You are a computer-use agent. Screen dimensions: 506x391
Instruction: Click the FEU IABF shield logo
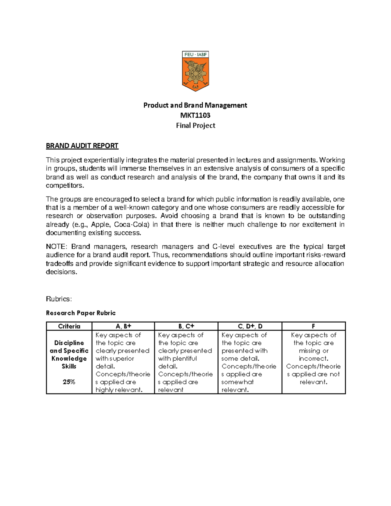(x=195, y=71)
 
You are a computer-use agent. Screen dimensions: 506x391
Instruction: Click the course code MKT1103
(x=195, y=115)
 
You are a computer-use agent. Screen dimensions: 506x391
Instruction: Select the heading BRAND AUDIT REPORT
(x=82, y=146)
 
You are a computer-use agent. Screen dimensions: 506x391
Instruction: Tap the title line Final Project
(x=195, y=125)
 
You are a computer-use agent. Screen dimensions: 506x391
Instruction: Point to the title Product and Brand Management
(x=195, y=105)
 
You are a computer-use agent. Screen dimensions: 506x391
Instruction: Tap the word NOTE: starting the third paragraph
(x=56, y=247)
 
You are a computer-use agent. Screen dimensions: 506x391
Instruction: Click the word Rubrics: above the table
(x=59, y=299)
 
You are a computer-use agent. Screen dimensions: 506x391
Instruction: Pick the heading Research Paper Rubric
(x=81, y=313)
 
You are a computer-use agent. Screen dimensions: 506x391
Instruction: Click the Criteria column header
(x=69, y=326)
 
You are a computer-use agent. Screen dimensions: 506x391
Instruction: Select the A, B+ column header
(x=123, y=326)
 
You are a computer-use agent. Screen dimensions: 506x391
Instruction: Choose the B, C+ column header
(x=186, y=326)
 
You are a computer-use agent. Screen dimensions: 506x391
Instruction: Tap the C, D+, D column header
(x=250, y=326)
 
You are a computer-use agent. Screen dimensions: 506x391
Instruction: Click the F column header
(x=313, y=326)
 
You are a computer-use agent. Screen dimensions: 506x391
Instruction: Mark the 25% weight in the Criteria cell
(x=69, y=382)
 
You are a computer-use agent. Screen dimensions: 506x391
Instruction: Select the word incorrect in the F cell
(x=313, y=358)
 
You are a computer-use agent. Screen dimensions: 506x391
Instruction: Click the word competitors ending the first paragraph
(x=64, y=186)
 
